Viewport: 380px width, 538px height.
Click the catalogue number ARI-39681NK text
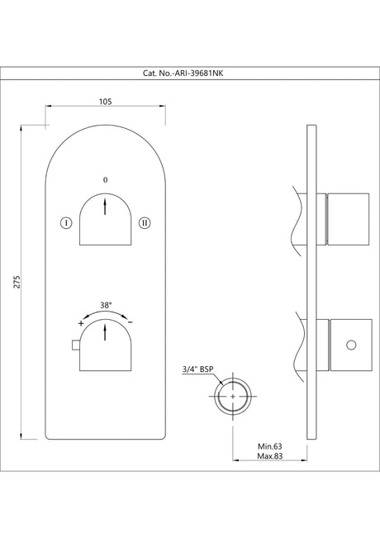[x=189, y=73]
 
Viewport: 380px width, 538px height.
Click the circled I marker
[x=65, y=221]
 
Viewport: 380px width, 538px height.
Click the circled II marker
[x=145, y=221]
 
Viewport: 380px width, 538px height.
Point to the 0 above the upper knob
[x=105, y=179]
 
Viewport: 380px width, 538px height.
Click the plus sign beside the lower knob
[x=80, y=324]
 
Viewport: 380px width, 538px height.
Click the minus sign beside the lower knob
[x=130, y=323]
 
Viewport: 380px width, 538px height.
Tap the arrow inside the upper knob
[x=105, y=207]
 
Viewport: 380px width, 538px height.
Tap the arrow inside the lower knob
[x=105, y=334]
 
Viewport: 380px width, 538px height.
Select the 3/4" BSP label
[x=197, y=369]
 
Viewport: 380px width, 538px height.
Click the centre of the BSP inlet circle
[x=234, y=396]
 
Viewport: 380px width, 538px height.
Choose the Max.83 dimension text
[x=270, y=457]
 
